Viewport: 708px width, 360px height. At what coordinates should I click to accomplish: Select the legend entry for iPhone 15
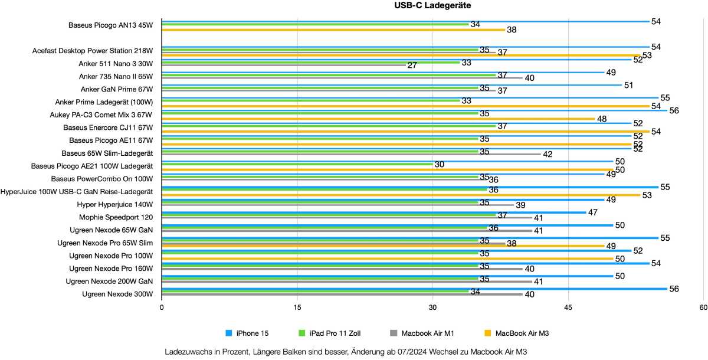[x=253, y=333]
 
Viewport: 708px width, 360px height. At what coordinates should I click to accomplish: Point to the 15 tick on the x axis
[x=297, y=307]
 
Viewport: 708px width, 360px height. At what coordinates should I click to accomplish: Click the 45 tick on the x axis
[x=568, y=307]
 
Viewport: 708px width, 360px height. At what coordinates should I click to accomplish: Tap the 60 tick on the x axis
[x=703, y=307]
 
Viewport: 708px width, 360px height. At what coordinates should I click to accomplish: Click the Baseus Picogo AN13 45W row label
[x=110, y=25]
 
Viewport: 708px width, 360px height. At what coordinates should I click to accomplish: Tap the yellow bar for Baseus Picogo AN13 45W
[x=333, y=30]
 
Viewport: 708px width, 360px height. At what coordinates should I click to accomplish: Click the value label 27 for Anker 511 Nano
[x=412, y=66]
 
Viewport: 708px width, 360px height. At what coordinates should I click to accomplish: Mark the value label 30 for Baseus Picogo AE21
[x=439, y=165]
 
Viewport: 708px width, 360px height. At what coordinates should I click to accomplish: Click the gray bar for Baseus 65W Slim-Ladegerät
[x=351, y=154]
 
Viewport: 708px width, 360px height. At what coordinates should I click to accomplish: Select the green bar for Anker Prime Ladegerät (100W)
[x=310, y=100]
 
